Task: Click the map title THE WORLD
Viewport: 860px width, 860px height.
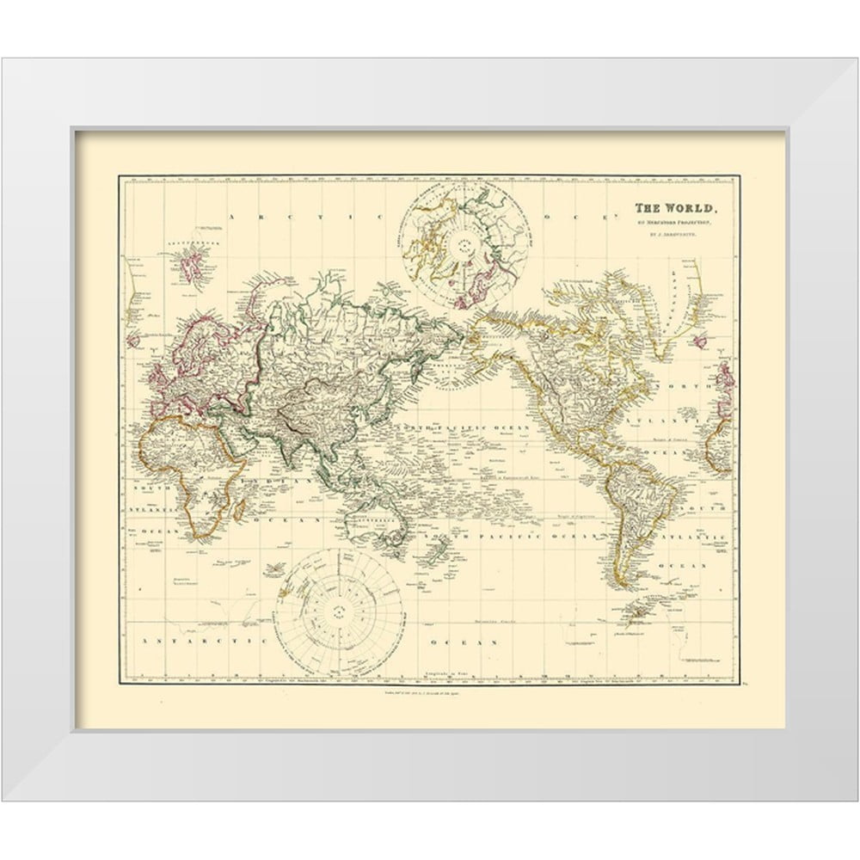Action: [x=673, y=208]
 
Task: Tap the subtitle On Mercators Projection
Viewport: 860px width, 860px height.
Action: [x=673, y=222]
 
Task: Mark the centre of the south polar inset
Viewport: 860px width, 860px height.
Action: [x=339, y=611]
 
